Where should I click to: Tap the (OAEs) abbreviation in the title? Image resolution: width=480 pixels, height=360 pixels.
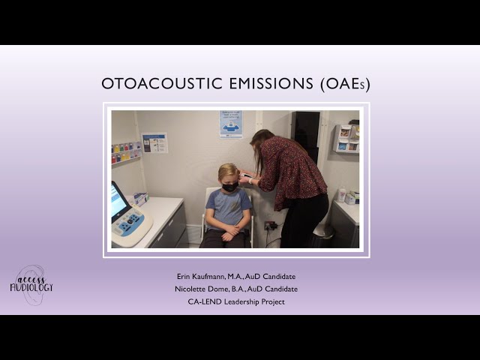tap(344, 84)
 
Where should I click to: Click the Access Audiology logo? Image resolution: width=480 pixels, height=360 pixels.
tap(31, 284)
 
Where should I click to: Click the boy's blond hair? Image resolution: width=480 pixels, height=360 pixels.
tap(228, 172)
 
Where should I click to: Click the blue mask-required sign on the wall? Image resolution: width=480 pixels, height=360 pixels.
tap(231, 124)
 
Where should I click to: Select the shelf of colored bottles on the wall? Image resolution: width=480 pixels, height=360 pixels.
tap(125, 153)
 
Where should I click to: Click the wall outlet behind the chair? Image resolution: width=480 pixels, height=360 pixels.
tap(269, 225)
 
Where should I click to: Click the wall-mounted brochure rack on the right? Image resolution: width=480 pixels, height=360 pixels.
tap(345, 139)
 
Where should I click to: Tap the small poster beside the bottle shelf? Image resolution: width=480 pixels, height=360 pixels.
tap(154, 142)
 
